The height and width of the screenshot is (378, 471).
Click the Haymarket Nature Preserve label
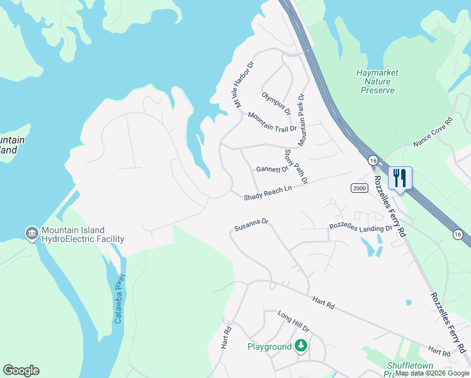(x=377, y=81)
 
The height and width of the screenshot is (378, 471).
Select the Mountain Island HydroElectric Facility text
(x=82, y=234)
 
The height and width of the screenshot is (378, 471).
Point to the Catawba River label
(x=120, y=299)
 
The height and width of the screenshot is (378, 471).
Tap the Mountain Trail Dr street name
(x=272, y=123)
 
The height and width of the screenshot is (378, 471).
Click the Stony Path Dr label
(x=295, y=166)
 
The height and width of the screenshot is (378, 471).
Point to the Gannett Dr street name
(x=271, y=169)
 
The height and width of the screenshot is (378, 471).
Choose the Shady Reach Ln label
(x=268, y=193)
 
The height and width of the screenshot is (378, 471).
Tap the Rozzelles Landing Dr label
(x=360, y=227)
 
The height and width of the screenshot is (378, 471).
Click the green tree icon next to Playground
(x=302, y=346)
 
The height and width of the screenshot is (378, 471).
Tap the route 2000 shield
(x=359, y=188)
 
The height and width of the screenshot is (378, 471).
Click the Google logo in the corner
(x=21, y=370)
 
